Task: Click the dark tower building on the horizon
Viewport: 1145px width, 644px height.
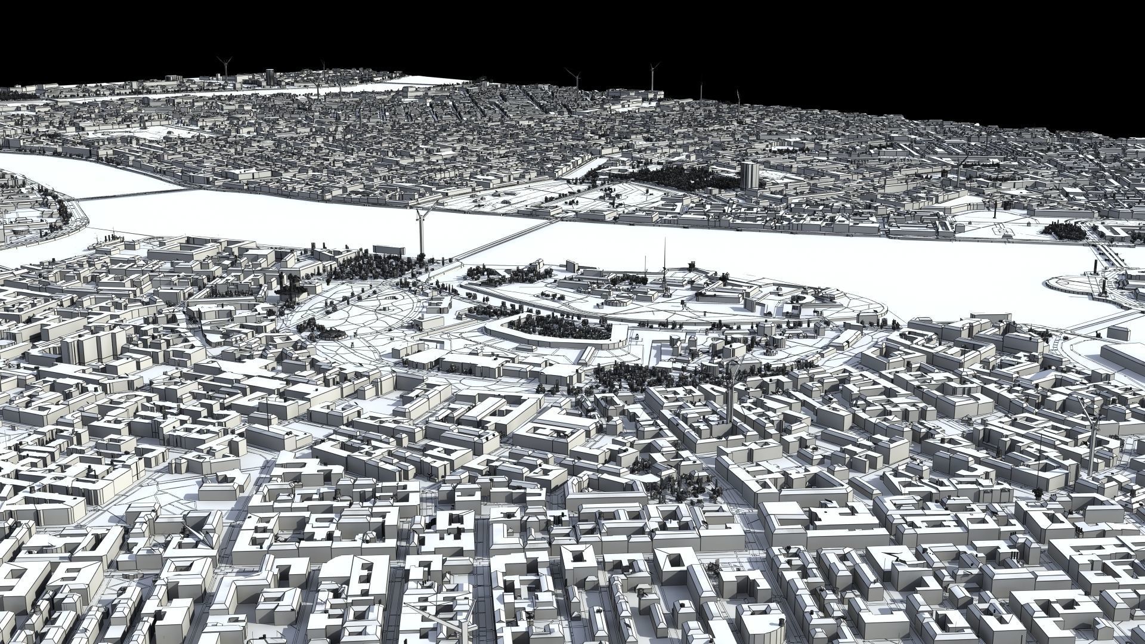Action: point(270,76)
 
